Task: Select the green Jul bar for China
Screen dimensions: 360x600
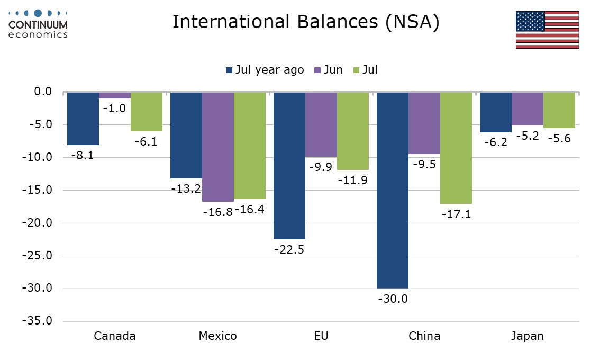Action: [x=456, y=148]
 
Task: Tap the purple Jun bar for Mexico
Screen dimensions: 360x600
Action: [x=218, y=147]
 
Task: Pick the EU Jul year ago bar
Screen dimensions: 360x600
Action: [x=289, y=165]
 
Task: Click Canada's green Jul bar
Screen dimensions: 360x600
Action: [x=147, y=111]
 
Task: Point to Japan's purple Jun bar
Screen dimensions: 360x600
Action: [x=528, y=109]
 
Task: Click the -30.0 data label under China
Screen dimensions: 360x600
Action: [x=392, y=299]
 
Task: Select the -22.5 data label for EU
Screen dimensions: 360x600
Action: [x=289, y=249]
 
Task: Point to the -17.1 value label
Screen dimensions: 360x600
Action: [x=456, y=214]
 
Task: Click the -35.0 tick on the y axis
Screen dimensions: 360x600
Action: [x=37, y=321]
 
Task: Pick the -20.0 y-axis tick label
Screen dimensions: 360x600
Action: [x=37, y=223]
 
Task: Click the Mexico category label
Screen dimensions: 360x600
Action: [x=217, y=336]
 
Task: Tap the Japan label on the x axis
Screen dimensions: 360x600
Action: [x=527, y=336]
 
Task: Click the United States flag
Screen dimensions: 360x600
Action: [x=547, y=29]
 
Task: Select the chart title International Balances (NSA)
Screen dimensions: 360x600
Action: [x=306, y=23]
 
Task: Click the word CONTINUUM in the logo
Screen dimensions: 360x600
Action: [x=38, y=25]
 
